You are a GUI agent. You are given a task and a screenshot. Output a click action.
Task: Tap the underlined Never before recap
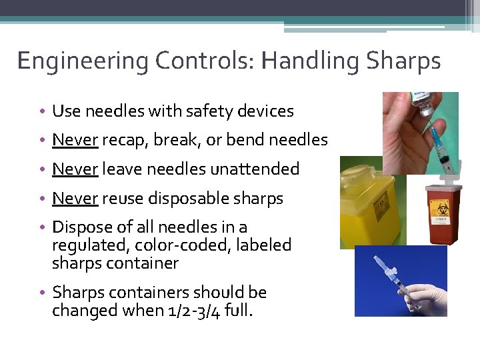(75, 140)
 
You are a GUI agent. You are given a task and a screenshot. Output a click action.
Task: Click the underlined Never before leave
(75, 169)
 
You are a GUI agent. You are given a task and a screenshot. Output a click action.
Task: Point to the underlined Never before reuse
(75, 199)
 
